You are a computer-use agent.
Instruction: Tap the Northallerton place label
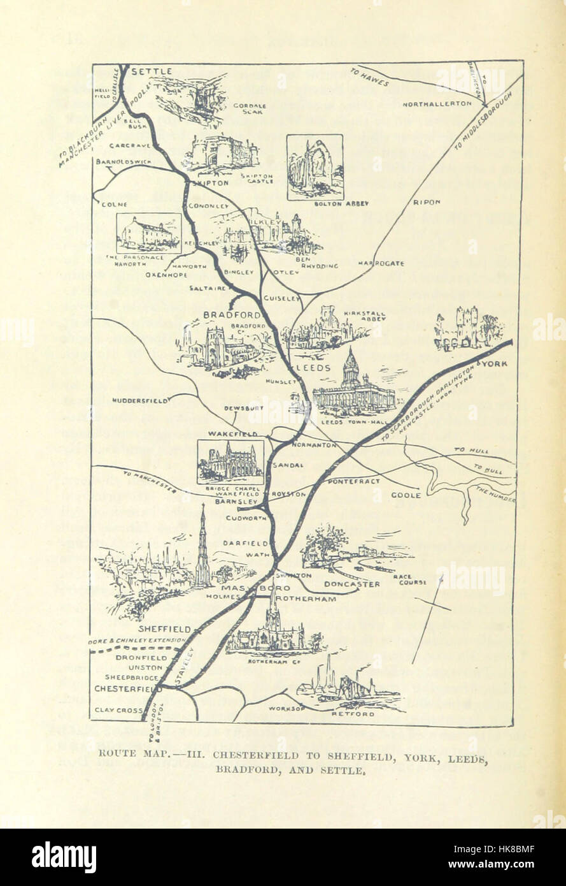coord(437,103)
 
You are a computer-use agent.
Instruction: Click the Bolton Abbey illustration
coord(315,167)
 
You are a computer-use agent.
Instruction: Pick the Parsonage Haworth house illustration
coord(148,233)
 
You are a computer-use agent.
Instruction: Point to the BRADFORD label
coord(232,315)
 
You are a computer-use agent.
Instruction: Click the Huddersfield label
coord(139,400)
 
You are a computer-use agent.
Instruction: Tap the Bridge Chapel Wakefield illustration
coord(230,460)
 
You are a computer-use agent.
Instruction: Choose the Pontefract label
coord(354,482)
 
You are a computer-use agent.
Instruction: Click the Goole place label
coord(406,495)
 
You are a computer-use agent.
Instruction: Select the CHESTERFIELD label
coord(127,689)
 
